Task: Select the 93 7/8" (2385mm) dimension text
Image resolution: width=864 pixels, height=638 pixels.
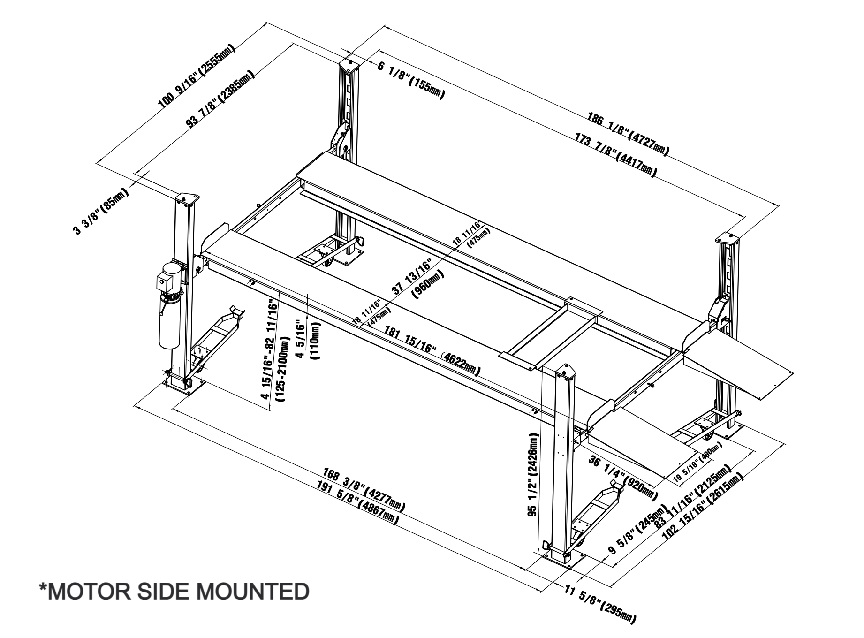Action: (221, 99)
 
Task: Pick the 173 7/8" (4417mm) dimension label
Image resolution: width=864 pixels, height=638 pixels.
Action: (615, 155)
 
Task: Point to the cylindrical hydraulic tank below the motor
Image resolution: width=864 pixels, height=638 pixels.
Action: (168, 324)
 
